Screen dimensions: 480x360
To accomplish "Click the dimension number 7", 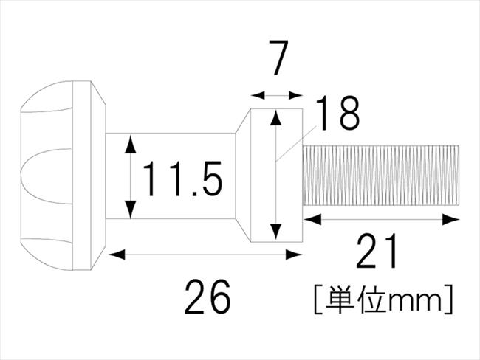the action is (278, 58).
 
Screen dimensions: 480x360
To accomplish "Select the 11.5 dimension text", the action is (182, 179).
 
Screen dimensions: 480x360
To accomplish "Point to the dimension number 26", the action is (208, 297).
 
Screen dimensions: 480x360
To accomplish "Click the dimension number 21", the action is (377, 251).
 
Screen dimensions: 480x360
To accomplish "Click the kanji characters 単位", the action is (354, 299).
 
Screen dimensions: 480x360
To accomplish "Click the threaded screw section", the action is (380, 176).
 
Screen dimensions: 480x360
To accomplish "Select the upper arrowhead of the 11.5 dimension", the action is (131, 144).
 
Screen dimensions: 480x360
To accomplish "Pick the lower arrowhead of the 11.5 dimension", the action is (131, 209).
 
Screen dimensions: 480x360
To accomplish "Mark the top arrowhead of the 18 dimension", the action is (276, 118).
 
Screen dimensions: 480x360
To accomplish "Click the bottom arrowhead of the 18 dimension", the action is (276, 231).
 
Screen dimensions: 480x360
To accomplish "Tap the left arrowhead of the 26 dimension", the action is (117, 255).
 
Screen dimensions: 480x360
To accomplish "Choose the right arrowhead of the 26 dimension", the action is (294, 255).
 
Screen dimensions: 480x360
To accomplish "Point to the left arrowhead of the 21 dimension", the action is (313, 219).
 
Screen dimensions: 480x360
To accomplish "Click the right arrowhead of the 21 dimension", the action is (451, 219).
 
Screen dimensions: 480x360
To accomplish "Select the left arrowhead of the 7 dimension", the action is (258, 95).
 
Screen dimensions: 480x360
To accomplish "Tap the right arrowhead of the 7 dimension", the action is (295, 95).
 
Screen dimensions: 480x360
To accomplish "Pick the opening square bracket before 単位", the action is (317, 299).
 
